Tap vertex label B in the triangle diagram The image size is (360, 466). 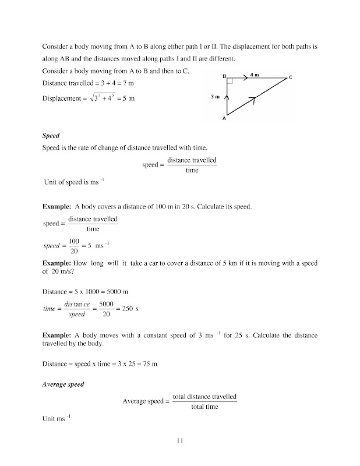(x=224, y=76)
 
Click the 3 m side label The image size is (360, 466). (x=215, y=97)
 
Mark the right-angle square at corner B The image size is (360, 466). (x=230, y=82)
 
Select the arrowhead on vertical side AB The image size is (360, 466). (x=227, y=96)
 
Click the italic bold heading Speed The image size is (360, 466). (x=51, y=136)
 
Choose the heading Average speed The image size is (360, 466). (x=63, y=384)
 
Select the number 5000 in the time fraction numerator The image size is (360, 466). (x=105, y=303)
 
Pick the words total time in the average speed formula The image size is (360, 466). (x=204, y=407)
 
